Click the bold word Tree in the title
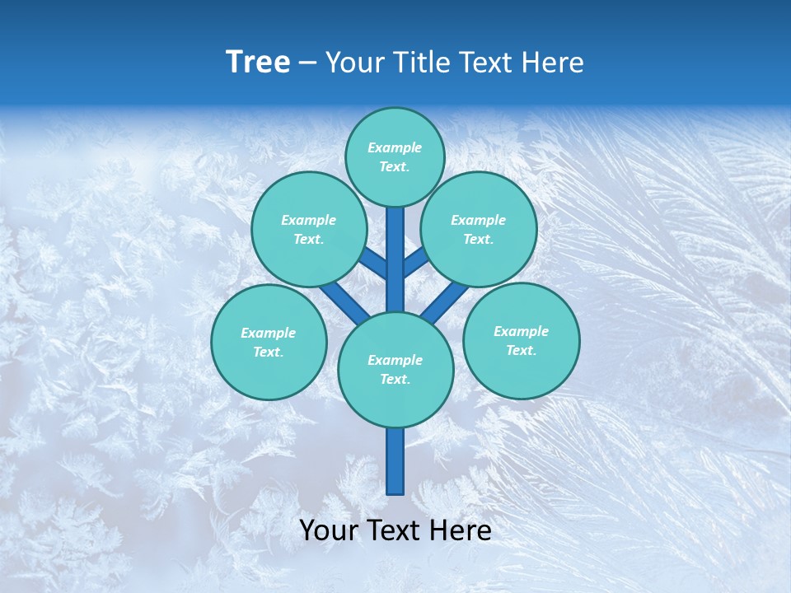[x=258, y=63]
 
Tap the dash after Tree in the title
[x=308, y=63]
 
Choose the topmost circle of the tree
[x=395, y=157]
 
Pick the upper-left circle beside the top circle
[x=308, y=230]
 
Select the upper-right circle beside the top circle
[x=478, y=230]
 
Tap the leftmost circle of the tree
[x=269, y=343]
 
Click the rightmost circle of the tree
[x=521, y=341]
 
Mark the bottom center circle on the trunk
[x=395, y=370]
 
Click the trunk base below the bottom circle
[x=395, y=461]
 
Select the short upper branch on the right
[x=415, y=263]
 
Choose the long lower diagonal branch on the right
[x=443, y=302]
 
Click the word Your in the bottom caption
[x=330, y=531]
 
